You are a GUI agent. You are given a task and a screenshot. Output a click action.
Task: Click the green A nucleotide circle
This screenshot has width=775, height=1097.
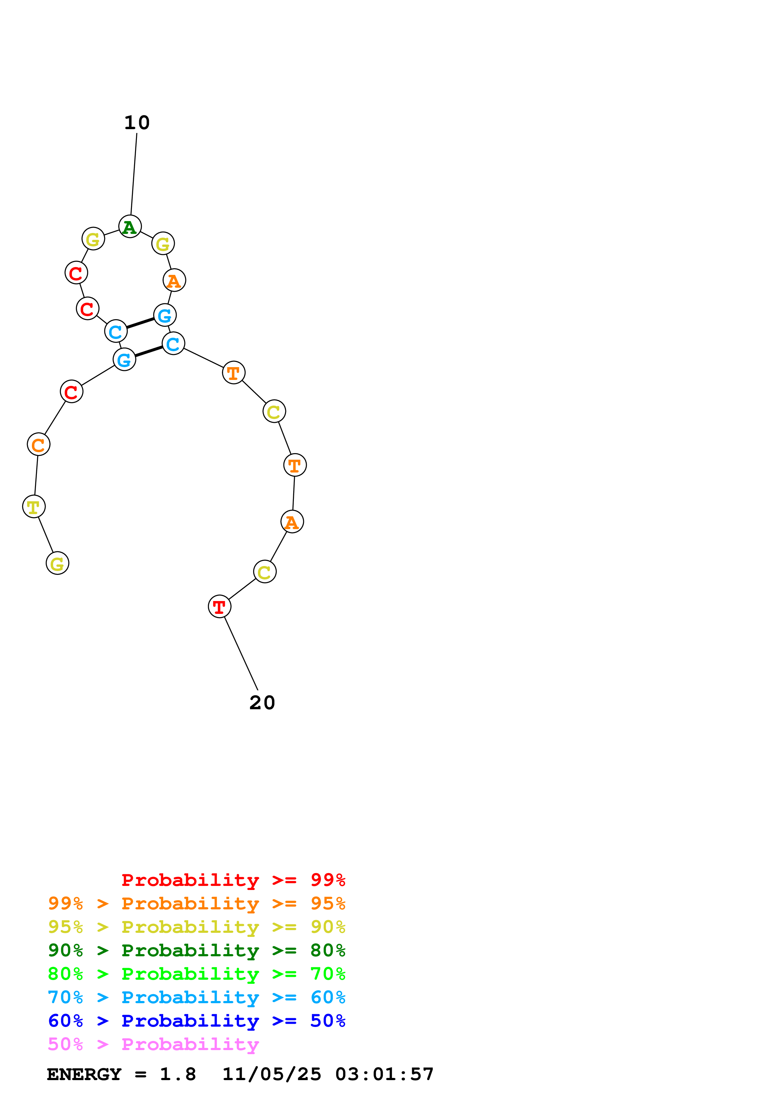pyautogui.click(x=130, y=226)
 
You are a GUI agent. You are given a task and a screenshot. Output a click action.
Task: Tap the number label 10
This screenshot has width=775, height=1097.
pyautogui.click(x=137, y=123)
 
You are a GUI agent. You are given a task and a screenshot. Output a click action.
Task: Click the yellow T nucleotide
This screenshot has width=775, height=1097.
pyautogui.click(x=34, y=507)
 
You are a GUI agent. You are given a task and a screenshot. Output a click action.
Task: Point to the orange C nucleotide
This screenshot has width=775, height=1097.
pyautogui.click(x=39, y=444)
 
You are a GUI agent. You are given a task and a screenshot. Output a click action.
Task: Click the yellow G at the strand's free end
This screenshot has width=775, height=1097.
pyautogui.click(x=57, y=563)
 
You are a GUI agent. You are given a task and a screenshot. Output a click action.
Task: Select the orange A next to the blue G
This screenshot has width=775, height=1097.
pyautogui.click(x=174, y=281)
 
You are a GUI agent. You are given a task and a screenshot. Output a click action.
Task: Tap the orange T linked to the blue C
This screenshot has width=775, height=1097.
pyautogui.click(x=234, y=373)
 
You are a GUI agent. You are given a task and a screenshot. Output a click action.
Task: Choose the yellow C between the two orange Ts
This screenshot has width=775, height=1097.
pyautogui.click(x=274, y=412)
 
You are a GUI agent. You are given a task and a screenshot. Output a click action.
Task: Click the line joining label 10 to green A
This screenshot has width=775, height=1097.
pyautogui.click(x=134, y=174)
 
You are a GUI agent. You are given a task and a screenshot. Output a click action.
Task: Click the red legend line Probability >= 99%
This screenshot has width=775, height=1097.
pyautogui.click(x=233, y=880)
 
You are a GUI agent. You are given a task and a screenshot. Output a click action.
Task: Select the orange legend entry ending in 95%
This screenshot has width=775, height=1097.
pyautogui.click(x=196, y=903)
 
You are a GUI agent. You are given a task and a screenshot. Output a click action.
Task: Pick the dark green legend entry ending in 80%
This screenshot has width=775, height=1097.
pyautogui.click(x=196, y=950)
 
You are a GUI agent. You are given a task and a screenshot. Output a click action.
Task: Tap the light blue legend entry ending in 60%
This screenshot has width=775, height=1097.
pyautogui.click(x=196, y=997)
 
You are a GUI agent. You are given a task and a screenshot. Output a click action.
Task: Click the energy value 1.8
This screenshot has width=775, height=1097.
pyautogui.click(x=178, y=1074)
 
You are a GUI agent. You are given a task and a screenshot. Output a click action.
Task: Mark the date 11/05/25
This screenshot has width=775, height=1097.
pyautogui.click(x=272, y=1074)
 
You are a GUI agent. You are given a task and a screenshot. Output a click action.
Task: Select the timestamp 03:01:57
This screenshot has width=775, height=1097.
pyautogui.click(x=385, y=1074)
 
